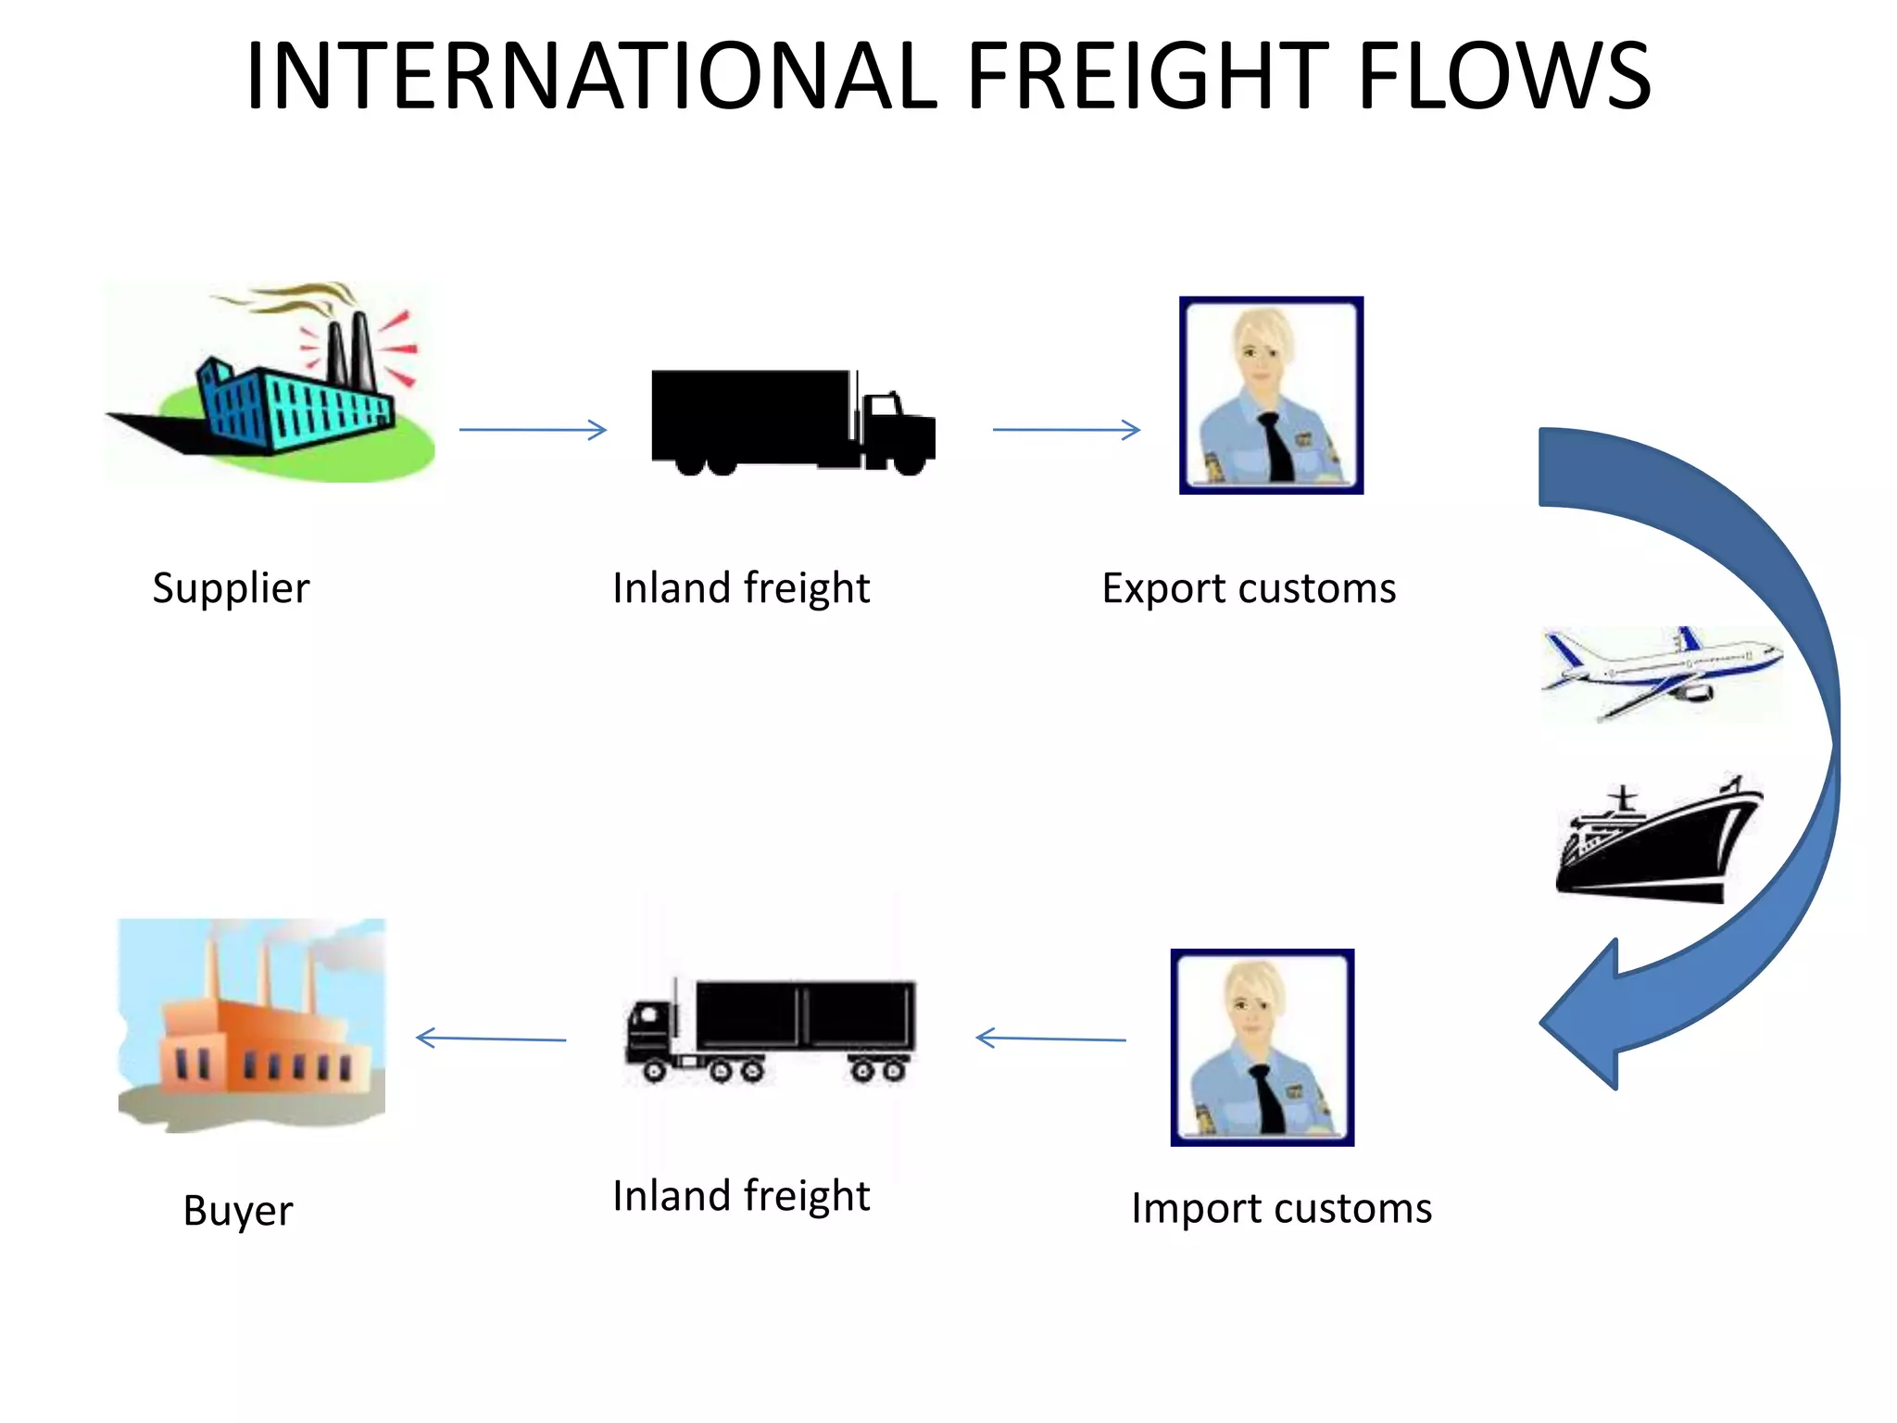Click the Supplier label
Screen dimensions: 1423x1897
(x=231, y=588)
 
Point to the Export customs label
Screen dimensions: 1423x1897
(x=1249, y=588)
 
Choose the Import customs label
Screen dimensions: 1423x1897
(x=1281, y=1208)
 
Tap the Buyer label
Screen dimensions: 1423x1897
(x=238, y=1211)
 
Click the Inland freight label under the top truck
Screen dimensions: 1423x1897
(x=741, y=588)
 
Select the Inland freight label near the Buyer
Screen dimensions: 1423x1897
(x=741, y=1195)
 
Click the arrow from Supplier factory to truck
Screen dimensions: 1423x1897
(x=533, y=430)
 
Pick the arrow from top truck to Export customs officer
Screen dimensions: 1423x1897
(x=1066, y=430)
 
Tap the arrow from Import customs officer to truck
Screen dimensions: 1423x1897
(x=1051, y=1039)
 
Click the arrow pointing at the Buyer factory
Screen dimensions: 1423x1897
(x=491, y=1039)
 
